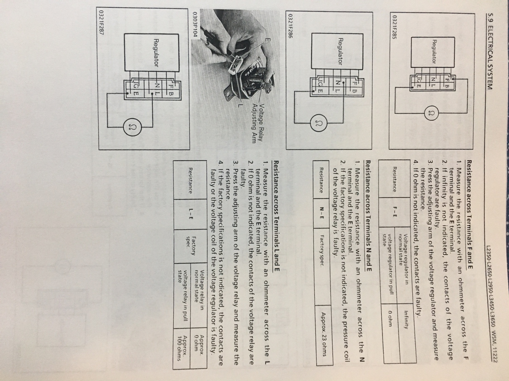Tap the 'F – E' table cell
[394, 214]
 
